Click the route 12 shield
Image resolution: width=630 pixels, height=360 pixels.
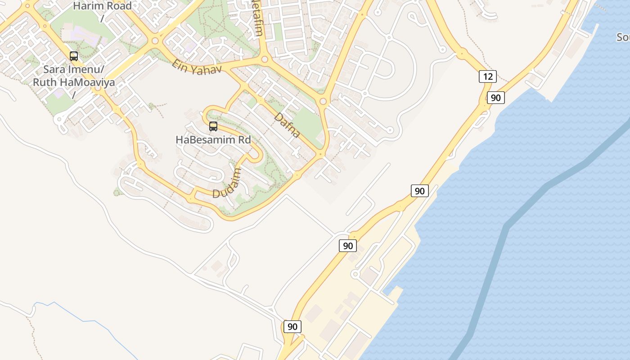[x=487, y=76]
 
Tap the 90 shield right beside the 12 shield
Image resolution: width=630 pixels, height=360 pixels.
[x=495, y=98]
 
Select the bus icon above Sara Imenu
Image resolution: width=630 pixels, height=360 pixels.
[x=74, y=56]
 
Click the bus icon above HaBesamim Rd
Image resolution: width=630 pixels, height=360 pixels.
[x=213, y=126]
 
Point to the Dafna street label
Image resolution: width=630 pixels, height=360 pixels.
[x=287, y=125]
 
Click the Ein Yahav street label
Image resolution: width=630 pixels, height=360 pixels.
[x=197, y=67]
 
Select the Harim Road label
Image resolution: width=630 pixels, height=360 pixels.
[x=102, y=6]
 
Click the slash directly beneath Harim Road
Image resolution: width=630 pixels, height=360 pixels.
[x=102, y=18]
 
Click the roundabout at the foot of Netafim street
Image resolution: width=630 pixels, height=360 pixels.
[x=265, y=59]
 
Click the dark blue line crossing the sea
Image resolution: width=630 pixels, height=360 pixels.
[x=504, y=234]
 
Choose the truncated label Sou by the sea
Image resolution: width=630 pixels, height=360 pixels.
[x=623, y=37]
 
